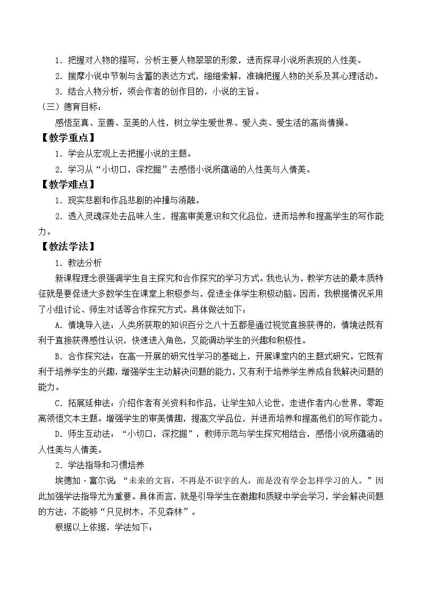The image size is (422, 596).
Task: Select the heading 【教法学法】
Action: coord(67,246)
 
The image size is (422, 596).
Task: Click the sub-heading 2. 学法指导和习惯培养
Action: coord(99,464)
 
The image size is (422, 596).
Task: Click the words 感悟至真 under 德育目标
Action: coord(73,123)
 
